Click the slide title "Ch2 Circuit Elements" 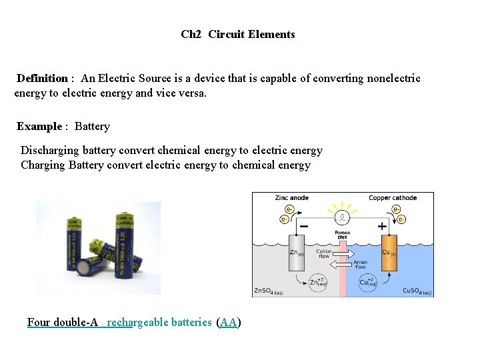coord(237,34)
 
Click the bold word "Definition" coord(42,79)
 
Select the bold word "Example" coord(39,127)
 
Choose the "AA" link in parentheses coord(229,323)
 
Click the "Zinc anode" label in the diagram coord(292,198)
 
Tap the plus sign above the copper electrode coord(382,227)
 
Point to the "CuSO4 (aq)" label coord(417,291)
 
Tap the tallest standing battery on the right coord(123,247)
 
